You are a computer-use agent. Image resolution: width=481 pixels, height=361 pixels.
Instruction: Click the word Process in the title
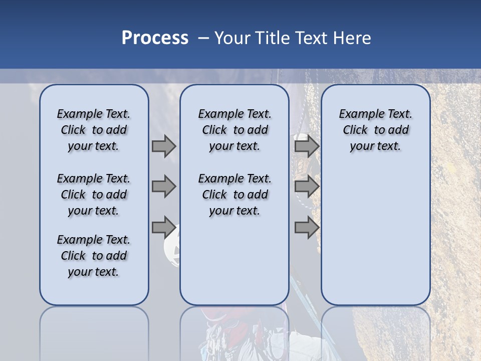[x=155, y=38]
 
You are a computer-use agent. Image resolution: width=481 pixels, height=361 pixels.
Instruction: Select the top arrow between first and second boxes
[x=164, y=146]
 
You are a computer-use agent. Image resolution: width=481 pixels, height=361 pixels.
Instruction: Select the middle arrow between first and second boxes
[x=164, y=187]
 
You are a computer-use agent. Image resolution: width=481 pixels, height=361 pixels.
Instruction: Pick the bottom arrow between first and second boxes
[x=164, y=227]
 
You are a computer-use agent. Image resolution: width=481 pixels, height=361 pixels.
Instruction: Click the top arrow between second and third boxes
[x=307, y=146]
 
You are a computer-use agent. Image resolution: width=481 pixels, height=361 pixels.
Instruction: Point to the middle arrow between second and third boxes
[x=307, y=187]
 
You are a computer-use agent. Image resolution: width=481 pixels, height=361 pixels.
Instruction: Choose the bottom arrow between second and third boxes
[x=307, y=227]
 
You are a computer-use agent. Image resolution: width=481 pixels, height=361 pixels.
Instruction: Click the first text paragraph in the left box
[x=94, y=130]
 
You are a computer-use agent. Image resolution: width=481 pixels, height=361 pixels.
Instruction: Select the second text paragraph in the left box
[x=94, y=195]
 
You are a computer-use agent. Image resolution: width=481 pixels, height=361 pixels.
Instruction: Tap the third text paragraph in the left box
[x=94, y=256]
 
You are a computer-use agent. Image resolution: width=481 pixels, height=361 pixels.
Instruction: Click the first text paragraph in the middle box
[x=234, y=130]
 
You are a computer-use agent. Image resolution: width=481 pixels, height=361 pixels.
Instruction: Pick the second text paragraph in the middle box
[x=234, y=195]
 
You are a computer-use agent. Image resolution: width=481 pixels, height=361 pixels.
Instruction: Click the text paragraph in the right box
[x=375, y=130]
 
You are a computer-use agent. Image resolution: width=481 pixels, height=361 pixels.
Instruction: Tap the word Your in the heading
[x=232, y=38]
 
